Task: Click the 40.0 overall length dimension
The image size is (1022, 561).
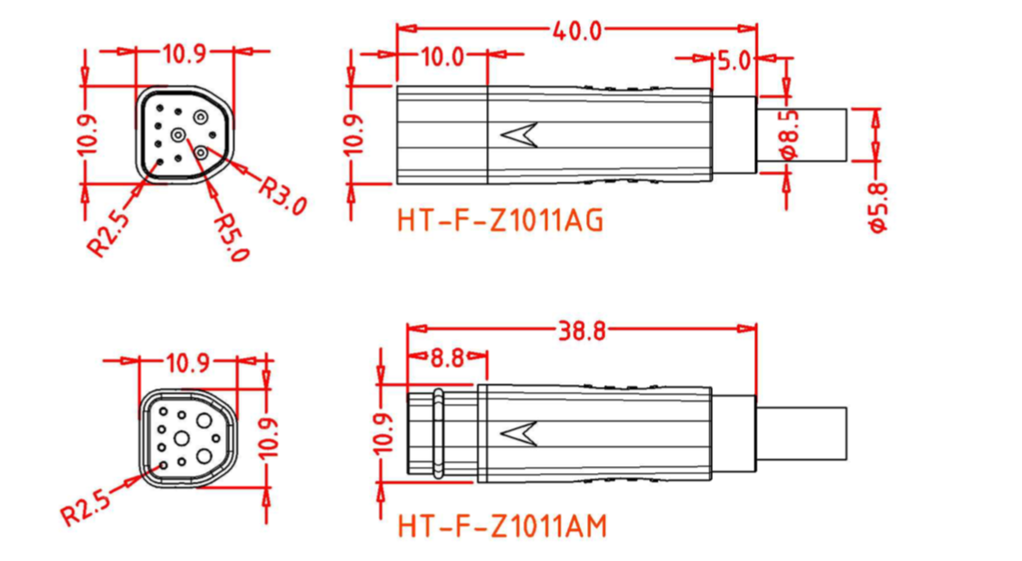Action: (x=577, y=31)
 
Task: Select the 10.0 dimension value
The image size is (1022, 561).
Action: (x=442, y=58)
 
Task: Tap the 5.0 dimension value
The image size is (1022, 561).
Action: (x=734, y=60)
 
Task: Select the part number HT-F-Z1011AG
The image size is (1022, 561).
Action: (x=500, y=221)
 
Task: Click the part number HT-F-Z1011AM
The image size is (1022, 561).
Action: (x=502, y=525)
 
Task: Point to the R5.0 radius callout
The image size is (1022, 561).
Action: (x=231, y=237)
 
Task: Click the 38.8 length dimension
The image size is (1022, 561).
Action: (x=581, y=331)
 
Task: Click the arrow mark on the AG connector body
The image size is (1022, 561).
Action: (x=520, y=135)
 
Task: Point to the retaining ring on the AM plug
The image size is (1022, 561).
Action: (x=438, y=433)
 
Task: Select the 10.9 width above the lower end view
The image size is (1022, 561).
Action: (x=188, y=362)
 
